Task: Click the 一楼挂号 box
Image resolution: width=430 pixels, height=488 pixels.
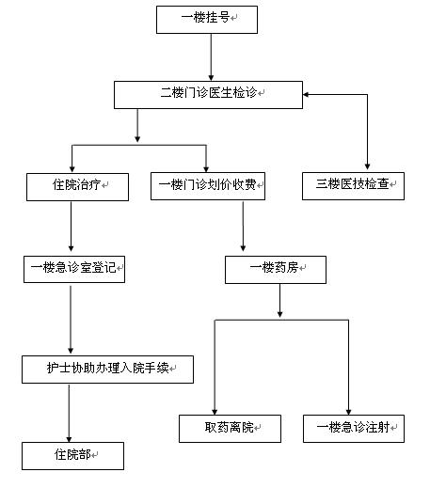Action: click(207, 20)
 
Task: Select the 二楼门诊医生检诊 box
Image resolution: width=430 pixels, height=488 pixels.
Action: click(208, 95)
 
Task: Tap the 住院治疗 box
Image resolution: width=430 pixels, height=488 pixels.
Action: click(77, 187)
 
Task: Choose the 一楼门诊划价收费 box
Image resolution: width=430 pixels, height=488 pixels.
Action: click(208, 186)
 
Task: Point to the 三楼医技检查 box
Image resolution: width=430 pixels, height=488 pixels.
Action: click(353, 186)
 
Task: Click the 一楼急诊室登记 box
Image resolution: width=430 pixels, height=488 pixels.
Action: click(74, 269)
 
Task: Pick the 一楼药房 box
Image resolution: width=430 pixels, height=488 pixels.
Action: click(276, 270)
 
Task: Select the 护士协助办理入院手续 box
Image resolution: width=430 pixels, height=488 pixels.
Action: click(107, 370)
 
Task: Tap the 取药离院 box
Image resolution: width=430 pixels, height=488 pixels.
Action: click(230, 429)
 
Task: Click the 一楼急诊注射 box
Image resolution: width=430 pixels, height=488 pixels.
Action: click(354, 429)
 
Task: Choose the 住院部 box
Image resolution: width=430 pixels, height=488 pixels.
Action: click(72, 456)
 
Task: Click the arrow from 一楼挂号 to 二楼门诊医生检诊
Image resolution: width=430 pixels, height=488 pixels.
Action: click(211, 57)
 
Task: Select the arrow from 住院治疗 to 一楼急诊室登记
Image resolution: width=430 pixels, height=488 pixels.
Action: click(71, 226)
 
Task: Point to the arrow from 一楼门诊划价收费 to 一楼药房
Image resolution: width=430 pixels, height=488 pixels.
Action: click(243, 226)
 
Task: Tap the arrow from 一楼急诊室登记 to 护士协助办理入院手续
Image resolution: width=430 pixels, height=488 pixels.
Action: click(71, 320)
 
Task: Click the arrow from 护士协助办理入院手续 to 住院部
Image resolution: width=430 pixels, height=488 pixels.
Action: click(69, 413)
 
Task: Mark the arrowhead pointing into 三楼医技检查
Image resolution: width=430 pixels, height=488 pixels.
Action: click(367, 166)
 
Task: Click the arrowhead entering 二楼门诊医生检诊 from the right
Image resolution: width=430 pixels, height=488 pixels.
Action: click(306, 94)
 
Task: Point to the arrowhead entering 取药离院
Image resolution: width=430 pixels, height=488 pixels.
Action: click(215, 412)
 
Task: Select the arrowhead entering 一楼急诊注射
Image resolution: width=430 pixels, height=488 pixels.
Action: click(348, 412)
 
